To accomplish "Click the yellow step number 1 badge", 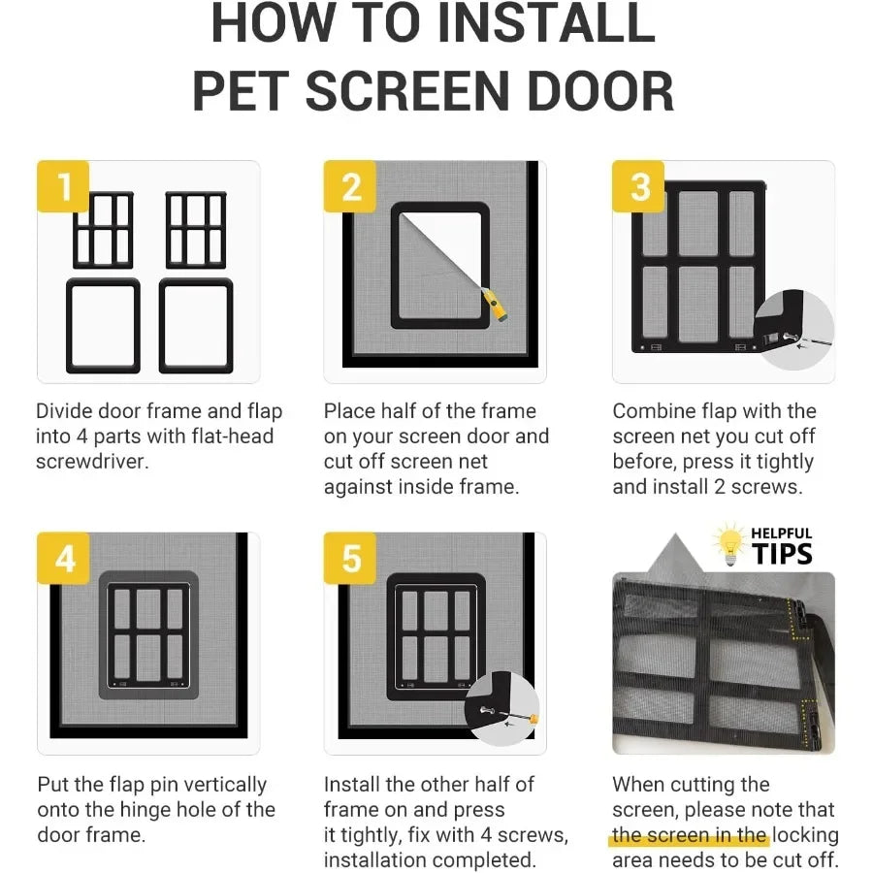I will coord(64,186).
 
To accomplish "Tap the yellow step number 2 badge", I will coord(351,186).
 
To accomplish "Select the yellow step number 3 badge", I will coord(639,186).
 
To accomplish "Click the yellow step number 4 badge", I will coord(64,559).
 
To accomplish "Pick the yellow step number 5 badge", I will coord(351,559).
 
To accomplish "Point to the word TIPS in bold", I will coord(781,555).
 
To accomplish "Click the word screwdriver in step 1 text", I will coord(92,462).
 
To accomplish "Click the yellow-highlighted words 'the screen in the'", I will coord(690,835).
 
